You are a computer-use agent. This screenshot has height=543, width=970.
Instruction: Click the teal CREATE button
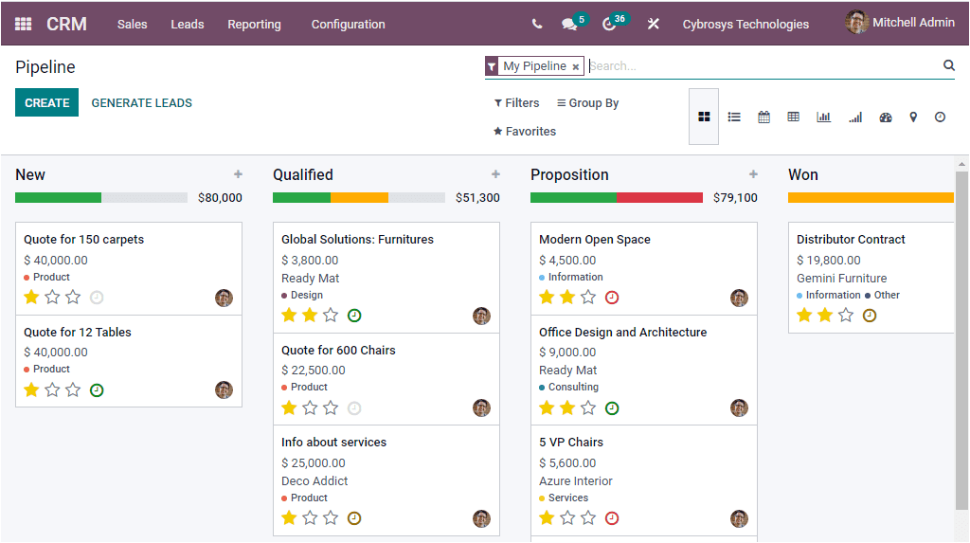tap(46, 102)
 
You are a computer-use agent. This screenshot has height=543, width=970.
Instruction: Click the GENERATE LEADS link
tap(141, 102)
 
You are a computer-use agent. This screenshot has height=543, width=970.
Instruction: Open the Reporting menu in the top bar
tap(254, 25)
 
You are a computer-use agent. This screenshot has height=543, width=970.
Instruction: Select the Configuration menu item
tap(348, 25)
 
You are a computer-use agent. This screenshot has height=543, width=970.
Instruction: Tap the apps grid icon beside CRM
tap(23, 24)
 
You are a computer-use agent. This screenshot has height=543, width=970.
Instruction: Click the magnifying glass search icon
tap(949, 65)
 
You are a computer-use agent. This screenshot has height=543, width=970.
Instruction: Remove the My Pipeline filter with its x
tap(576, 67)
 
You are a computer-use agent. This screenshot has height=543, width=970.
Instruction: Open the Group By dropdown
tap(587, 102)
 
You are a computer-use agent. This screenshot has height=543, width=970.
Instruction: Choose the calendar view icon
tap(763, 117)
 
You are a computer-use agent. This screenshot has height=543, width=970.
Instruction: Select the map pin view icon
tap(913, 117)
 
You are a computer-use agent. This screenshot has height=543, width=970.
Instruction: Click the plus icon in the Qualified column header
tap(495, 174)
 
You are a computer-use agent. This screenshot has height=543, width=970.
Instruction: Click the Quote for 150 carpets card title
tap(83, 240)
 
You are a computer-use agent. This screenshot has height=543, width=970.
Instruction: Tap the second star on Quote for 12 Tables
tap(52, 389)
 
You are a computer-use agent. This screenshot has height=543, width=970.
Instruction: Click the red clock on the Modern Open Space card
tap(612, 298)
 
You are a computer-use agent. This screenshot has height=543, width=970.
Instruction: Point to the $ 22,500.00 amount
tap(314, 371)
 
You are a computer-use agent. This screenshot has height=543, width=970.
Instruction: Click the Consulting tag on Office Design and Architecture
tap(573, 387)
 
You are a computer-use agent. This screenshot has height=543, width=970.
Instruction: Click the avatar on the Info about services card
tap(481, 518)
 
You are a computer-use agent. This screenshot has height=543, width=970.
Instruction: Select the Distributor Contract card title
tap(851, 240)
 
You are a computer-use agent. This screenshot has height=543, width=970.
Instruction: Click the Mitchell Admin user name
tap(913, 23)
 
